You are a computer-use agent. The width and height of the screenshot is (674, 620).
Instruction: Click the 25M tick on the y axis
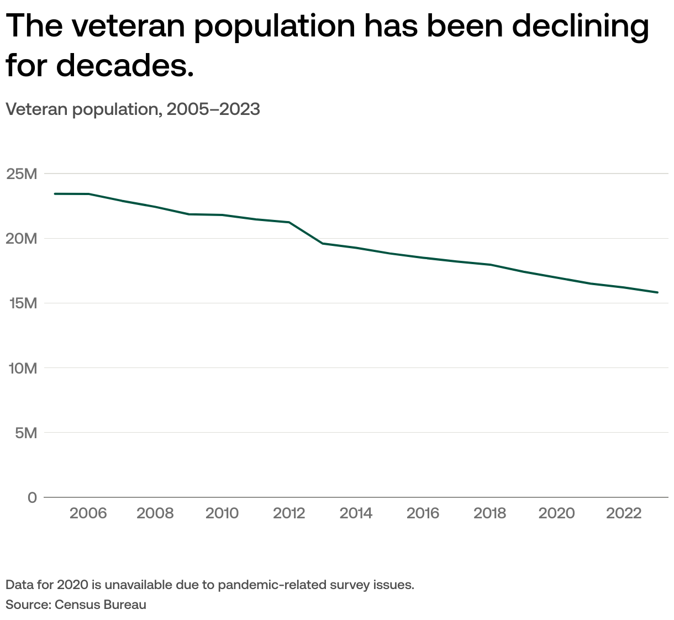[22, 174]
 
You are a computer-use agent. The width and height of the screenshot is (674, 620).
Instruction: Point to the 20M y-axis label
[22, 239]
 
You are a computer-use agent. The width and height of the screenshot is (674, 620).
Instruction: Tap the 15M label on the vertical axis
[22, 303]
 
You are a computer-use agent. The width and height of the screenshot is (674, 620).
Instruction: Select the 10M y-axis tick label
[22, 368]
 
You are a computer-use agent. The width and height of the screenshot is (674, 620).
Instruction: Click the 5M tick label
[25, 433]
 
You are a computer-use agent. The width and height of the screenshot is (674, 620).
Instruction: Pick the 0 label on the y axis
[32, 497]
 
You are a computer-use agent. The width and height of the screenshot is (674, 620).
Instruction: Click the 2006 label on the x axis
[88, 513]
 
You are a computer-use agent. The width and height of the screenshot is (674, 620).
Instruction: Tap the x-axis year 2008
[155, 513]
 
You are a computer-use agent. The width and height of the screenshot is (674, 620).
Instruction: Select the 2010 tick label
[222, 513]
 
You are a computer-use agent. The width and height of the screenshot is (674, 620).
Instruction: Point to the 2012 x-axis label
[289, 513]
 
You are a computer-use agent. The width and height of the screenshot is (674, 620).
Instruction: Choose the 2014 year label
[356, 513]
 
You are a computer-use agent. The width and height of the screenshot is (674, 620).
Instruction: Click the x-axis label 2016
[423, 513]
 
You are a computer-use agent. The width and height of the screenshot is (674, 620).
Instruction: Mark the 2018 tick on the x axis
[489, 513]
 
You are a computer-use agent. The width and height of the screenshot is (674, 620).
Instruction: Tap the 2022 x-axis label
[624, 513]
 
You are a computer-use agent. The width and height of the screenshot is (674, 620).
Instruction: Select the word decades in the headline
[125, 65]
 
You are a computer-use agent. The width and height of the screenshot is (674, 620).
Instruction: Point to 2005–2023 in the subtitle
[213, 109]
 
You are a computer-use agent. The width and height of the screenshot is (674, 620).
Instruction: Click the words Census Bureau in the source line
[101, 605]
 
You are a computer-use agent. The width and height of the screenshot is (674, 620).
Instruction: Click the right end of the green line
[657, 292]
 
